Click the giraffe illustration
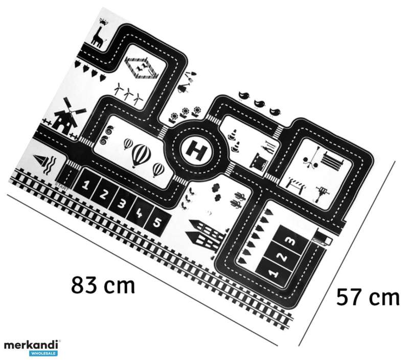click(x=99, y=33)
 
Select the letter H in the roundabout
click(x=197, y=150)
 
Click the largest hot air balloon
click(x=141, y=155)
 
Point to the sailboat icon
click(x=40, y=161)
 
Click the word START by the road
click(x=61, y=186)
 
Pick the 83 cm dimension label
click(x=103, y=285)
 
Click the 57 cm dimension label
click(x=368, y=297)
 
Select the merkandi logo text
click(x=31, y=345)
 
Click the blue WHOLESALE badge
click(x=43, y=353)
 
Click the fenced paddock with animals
click(x=142, y=68)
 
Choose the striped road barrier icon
click(x=296, y=183)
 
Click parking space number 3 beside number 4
click(x=122, y=203)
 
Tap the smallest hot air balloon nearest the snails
click(x=128, y=143)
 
